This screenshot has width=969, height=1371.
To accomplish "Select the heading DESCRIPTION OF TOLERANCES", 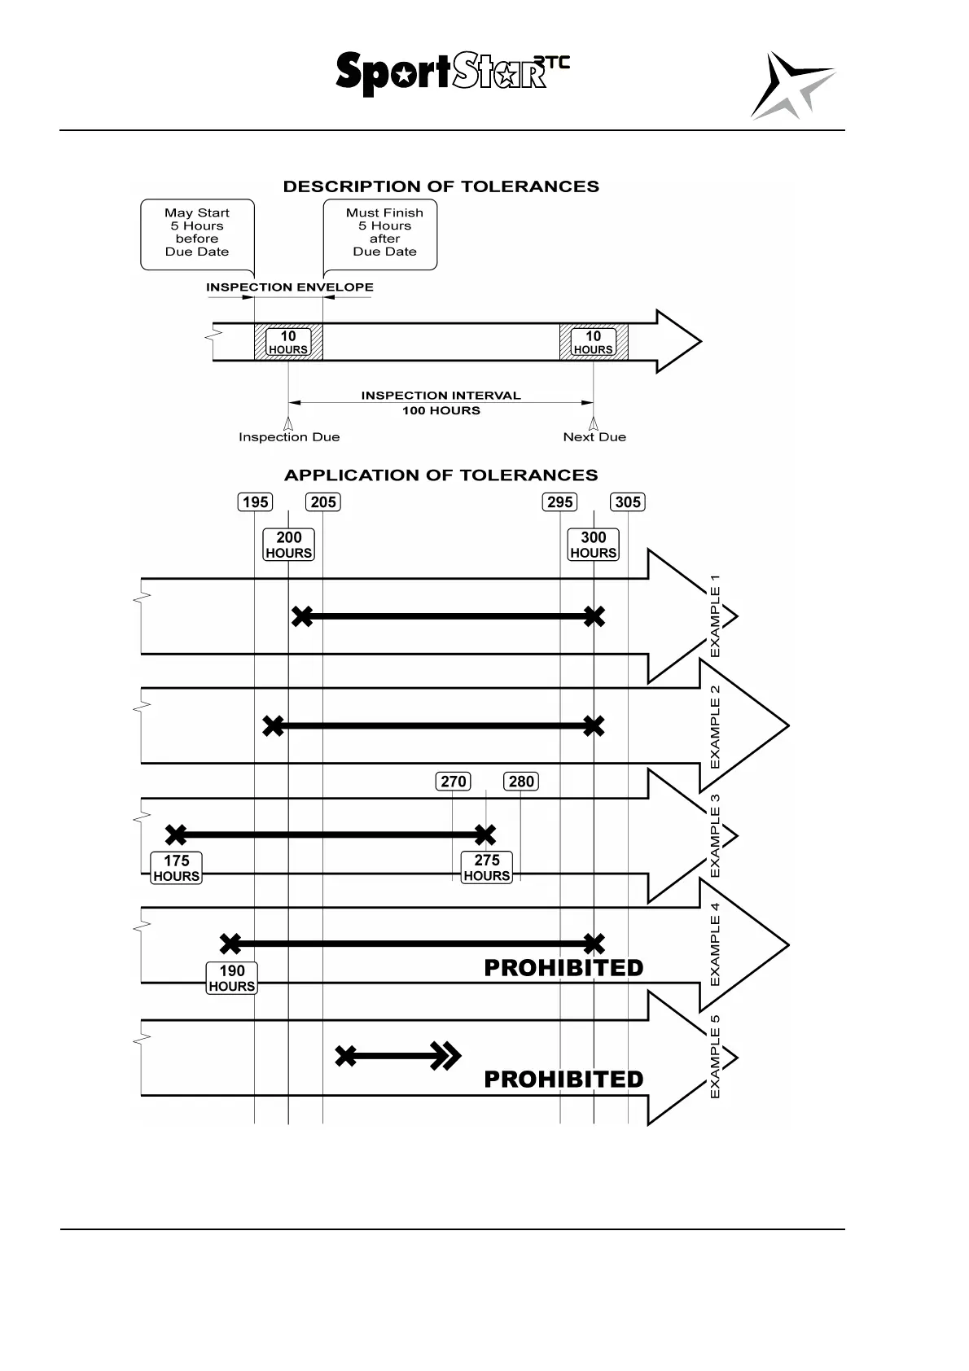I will [x=441, y=186].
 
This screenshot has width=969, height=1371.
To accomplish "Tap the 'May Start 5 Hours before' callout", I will [x=197, y=233].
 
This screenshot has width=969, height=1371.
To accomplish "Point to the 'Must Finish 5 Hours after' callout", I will [x=384, y=233].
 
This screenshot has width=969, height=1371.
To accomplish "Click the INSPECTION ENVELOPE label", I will [x=289, y=287].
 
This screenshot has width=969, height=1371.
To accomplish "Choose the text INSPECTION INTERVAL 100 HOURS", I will [x=441, y=403].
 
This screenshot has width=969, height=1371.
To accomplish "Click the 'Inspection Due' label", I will [x=289, y=437].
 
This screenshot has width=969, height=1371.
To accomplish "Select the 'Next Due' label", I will [x=594, y=437].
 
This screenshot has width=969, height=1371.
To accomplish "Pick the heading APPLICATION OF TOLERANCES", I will [x=441, y=475].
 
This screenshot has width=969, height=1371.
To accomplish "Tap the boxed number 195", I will [x=255, y=502].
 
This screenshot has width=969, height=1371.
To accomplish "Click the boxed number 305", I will [x=628, y=502].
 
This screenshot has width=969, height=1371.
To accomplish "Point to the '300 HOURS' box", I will [x=594, y=545].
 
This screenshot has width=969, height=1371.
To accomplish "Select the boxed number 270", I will [x=453, y=782].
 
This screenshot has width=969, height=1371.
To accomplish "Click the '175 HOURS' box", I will [x=177, y=868].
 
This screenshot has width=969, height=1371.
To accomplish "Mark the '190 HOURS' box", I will [x=232, y=978].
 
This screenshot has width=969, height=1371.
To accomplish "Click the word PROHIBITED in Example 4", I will [x=563, y=968].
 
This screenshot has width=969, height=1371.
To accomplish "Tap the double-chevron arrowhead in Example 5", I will [x=446, y=1056].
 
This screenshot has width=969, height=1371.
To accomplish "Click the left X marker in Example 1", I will [x=302, y=616].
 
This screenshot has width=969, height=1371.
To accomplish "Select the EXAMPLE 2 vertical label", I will [x=715, y=726].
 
